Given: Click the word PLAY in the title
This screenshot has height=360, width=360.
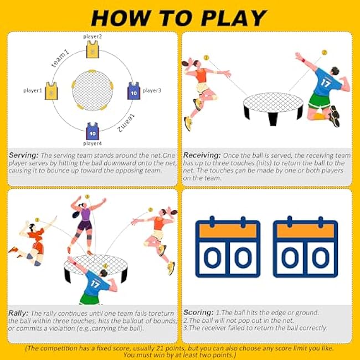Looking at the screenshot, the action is (233, 18).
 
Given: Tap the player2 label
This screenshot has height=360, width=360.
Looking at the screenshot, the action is (92, 37).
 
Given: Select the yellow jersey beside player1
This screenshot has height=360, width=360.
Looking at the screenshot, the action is (51, 90).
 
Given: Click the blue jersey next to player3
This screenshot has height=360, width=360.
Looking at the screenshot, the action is (134, 90).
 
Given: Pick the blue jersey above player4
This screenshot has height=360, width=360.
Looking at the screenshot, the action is (92, 131).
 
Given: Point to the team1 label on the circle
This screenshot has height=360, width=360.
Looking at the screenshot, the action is (60, 58).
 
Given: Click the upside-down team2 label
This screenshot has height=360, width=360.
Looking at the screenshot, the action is (126, 124).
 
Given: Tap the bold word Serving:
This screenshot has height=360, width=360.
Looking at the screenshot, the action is (23, 156).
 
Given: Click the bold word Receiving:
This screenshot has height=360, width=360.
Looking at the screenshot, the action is (202, 156).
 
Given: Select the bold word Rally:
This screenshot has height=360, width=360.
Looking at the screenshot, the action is (18, 313).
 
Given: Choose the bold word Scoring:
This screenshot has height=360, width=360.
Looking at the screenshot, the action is (198, 312).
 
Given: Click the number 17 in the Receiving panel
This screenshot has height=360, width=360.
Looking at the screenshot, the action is (326, 83).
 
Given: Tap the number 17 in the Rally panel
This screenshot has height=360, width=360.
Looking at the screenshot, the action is (95, 284).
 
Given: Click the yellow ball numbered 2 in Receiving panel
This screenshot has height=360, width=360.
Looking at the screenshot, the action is (324, 53).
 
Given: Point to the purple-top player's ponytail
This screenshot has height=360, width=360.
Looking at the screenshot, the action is (76, 214).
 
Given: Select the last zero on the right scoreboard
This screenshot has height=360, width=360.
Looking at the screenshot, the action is (321, 258).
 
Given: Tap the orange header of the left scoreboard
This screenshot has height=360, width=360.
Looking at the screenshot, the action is (228, 231).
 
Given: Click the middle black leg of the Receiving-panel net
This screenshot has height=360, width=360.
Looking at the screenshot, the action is (273, 119).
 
